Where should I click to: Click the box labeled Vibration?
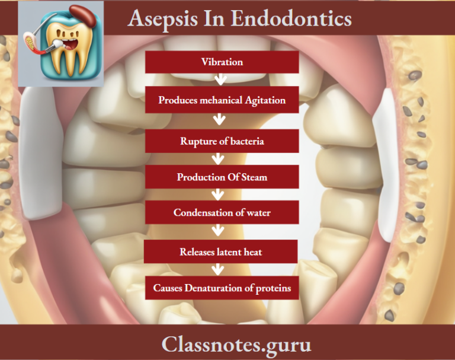[222, 62]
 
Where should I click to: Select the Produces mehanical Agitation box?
[222, 100]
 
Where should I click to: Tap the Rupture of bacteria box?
[222, 141]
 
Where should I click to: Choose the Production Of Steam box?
[222, 177]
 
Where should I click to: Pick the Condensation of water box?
[222, 212]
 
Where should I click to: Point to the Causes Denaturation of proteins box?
[222, 288]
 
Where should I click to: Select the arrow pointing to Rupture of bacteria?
[220, 120]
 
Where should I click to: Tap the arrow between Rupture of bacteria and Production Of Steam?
[219, 159]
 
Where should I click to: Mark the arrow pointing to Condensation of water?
[220, 195]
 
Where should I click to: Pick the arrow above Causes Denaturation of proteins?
[219, 269]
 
